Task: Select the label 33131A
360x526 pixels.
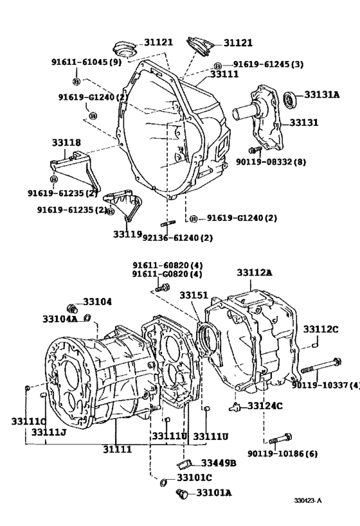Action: (321, 94)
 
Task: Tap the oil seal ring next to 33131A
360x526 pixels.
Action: (291, 100)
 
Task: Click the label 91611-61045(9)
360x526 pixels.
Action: (86, 62)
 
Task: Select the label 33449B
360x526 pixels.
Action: (219, 463)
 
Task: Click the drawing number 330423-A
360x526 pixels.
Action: (309, 500)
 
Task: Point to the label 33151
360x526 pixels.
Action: (194, 295)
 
